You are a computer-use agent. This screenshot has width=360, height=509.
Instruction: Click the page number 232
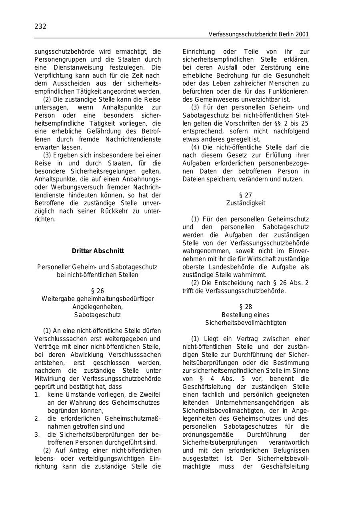40,26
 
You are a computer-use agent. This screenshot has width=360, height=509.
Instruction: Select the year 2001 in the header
302,34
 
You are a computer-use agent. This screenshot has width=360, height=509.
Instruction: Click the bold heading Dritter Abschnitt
98,251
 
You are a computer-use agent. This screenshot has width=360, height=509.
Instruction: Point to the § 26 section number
98,291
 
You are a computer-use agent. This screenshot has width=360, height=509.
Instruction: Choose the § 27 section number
246,195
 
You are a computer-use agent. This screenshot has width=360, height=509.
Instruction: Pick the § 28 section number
246,307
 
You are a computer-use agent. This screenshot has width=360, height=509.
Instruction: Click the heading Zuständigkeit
246,203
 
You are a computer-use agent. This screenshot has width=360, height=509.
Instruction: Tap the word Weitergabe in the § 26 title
57,299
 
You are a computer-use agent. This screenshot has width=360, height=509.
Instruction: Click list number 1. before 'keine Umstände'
37,395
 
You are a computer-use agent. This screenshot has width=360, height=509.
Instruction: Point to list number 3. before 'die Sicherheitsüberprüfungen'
37,435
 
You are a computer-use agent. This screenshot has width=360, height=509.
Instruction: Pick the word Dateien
193,179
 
